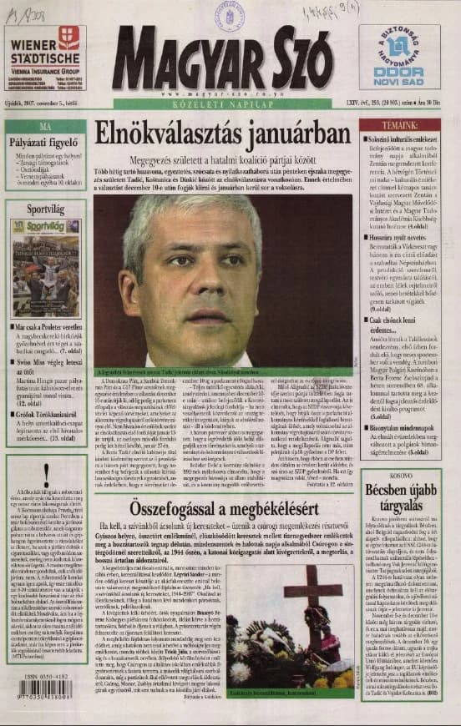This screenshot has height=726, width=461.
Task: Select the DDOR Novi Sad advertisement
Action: coord(399,57)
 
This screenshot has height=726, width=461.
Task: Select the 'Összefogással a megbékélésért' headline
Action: coord(221,509)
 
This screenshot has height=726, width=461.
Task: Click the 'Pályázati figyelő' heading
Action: coord(45,143)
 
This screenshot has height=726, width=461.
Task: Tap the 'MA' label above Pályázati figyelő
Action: coord(45,127)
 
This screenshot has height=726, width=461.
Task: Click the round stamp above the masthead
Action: coord(229,15)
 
